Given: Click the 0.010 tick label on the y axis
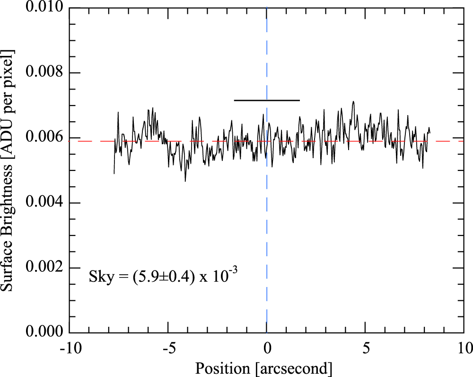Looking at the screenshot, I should [42, 9].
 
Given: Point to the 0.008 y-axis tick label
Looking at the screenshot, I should [42, 73].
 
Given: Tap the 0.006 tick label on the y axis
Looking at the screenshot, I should [42, 138].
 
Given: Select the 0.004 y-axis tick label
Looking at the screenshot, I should [42, 203].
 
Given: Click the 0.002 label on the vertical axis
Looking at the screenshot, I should [42, 268].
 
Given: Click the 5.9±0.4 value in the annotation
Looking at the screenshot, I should [159, 277].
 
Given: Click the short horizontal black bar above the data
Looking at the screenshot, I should [267, 100].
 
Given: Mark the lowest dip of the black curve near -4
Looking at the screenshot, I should [185, 181].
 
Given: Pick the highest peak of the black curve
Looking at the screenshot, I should [353, 101].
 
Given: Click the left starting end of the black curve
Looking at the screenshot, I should [114, 173].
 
